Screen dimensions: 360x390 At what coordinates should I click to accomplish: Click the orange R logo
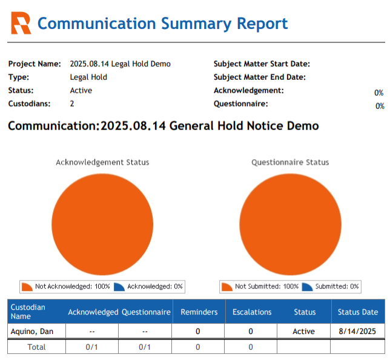click(x=21, y=24)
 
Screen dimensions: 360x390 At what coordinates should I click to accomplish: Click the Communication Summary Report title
click(x=162, y=24)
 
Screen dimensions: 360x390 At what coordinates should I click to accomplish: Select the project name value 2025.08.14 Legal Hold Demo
click(x=120, y=64)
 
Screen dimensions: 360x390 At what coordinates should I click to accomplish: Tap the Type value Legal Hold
click(x=88, y=77)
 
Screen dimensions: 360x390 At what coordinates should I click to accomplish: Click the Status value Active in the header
click(x=81, y=91)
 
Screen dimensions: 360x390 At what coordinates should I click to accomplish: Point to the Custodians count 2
click(x=72, y=104)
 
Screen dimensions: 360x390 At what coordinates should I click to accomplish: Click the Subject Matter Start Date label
click(x=262, y=64)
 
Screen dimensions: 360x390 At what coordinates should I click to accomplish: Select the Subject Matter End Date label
click(x=259, y=77)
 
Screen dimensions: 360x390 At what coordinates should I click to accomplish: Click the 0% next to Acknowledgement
click(x=379, y=93)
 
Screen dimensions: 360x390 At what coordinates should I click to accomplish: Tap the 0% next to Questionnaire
click(x=379, y=106)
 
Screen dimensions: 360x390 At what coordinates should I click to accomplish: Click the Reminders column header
click(x=199, y=312)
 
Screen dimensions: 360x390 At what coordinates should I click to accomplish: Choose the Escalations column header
click(x=251, y=312)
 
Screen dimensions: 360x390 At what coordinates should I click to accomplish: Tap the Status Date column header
click(x=357, y=312)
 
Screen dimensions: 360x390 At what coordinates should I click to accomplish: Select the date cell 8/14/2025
click(x=357, y=332)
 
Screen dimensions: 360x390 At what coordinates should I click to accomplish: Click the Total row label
click(x=36, y=347)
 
